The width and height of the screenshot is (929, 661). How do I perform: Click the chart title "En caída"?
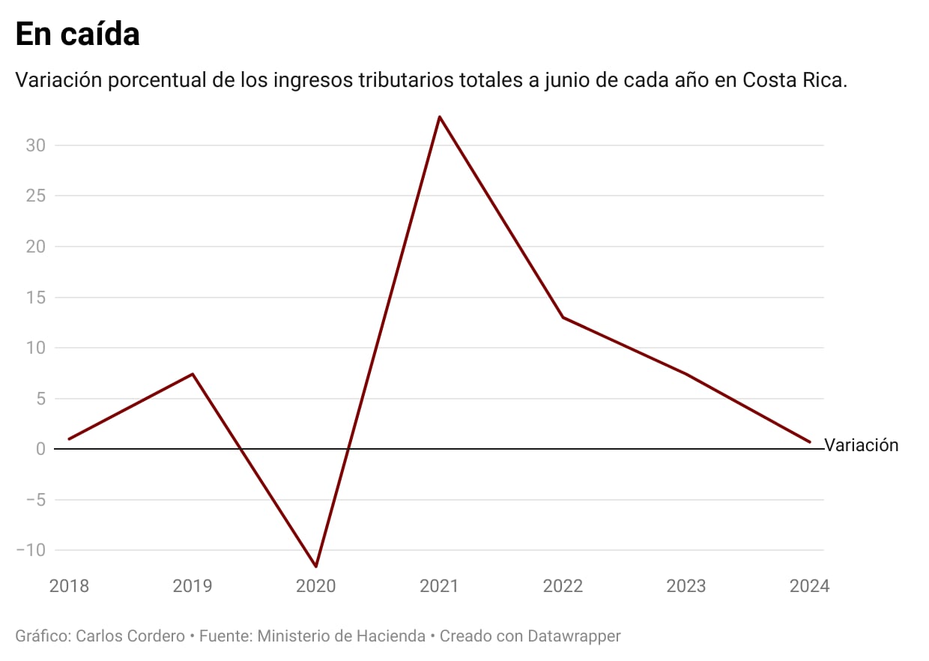(77, 34)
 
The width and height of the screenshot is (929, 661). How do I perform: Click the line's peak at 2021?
(440, 117)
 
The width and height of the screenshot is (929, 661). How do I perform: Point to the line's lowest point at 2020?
(316, 566)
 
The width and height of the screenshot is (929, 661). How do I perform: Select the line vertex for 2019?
(193, 374)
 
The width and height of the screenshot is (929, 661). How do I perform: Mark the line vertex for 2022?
(563, 317)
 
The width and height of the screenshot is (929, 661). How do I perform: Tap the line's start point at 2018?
(69, 439)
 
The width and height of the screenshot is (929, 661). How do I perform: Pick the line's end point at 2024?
(809, 442)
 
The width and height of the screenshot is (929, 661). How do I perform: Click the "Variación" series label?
(861, 445)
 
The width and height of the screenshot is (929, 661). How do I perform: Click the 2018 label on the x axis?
(69, 586)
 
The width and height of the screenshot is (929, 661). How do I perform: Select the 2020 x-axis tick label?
(316, 586)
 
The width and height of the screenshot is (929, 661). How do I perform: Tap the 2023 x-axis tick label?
(686, 586)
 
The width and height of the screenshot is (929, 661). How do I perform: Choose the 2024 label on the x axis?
(809, 586)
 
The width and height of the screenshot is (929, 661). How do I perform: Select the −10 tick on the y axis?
(31, 550)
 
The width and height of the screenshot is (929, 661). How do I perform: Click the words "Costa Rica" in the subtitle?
(794, 80)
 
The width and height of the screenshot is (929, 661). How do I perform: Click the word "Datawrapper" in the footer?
(574, 636)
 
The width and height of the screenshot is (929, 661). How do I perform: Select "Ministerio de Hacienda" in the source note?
(342, 636)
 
